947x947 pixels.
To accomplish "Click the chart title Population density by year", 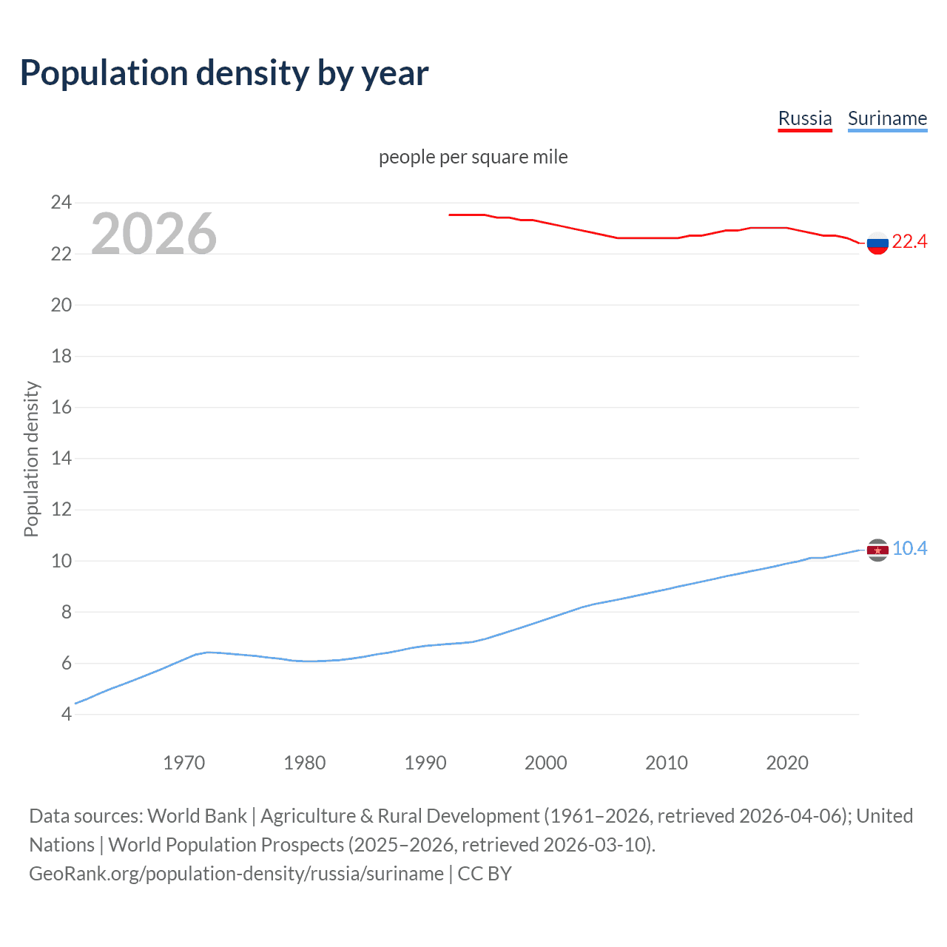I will (224, 73).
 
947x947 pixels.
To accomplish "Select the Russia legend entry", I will (805, 119).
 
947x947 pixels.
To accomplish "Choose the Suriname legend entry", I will (887, 119).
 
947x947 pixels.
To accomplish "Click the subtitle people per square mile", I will (473, 157).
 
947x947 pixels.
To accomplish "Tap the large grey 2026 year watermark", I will (154, 234).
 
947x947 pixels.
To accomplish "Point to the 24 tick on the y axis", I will (61, 202).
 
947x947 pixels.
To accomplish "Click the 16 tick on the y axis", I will (61, 407).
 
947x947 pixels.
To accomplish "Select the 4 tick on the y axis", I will (67, 714).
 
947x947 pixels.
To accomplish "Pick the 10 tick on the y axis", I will (61, 561).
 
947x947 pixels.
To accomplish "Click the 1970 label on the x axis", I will (183, 763).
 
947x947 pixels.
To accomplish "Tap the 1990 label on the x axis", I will (425, 763).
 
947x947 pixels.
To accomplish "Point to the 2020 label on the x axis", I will (787, 763).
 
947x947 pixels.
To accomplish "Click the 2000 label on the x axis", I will (546, 763).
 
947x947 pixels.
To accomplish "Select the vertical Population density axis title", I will (31, 459).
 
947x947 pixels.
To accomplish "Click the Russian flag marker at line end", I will (877, 243).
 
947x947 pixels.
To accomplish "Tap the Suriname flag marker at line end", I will (877, 550).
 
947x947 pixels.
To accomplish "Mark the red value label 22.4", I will (909, 242).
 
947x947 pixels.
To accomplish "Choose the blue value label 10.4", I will (909, 548).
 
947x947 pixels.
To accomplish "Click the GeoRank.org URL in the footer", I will (236, 874).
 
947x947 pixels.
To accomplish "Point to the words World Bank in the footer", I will (197, 816).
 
